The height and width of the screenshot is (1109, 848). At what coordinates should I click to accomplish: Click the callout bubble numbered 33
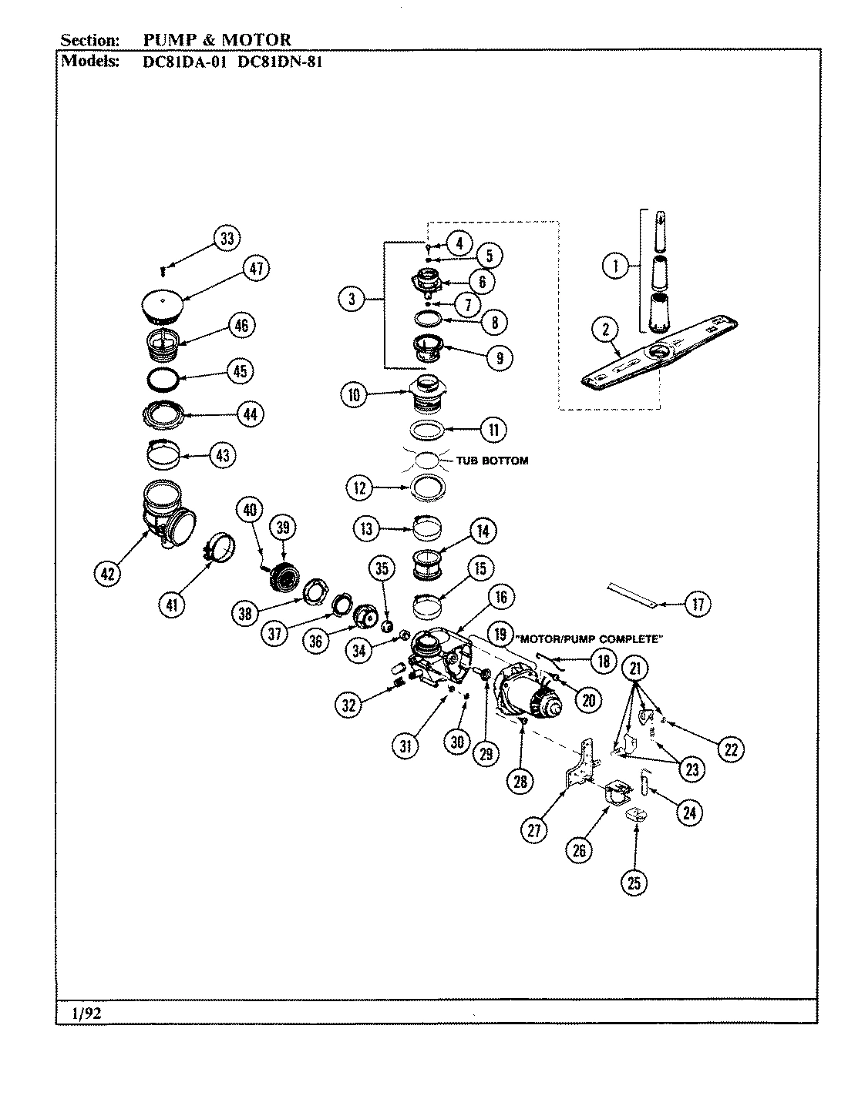tap(227, 239)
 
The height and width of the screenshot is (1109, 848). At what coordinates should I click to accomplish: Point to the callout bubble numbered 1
tap(614, 267)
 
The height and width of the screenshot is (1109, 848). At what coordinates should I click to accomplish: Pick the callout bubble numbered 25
tap(634, 883)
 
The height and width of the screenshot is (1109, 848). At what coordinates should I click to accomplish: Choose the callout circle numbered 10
tap(354, 395)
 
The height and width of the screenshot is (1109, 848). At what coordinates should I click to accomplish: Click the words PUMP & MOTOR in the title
tap(217, 40)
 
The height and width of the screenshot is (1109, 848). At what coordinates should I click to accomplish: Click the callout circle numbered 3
tap(351, 299)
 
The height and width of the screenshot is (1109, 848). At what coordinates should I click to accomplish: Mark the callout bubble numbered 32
tap(350, 703)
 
